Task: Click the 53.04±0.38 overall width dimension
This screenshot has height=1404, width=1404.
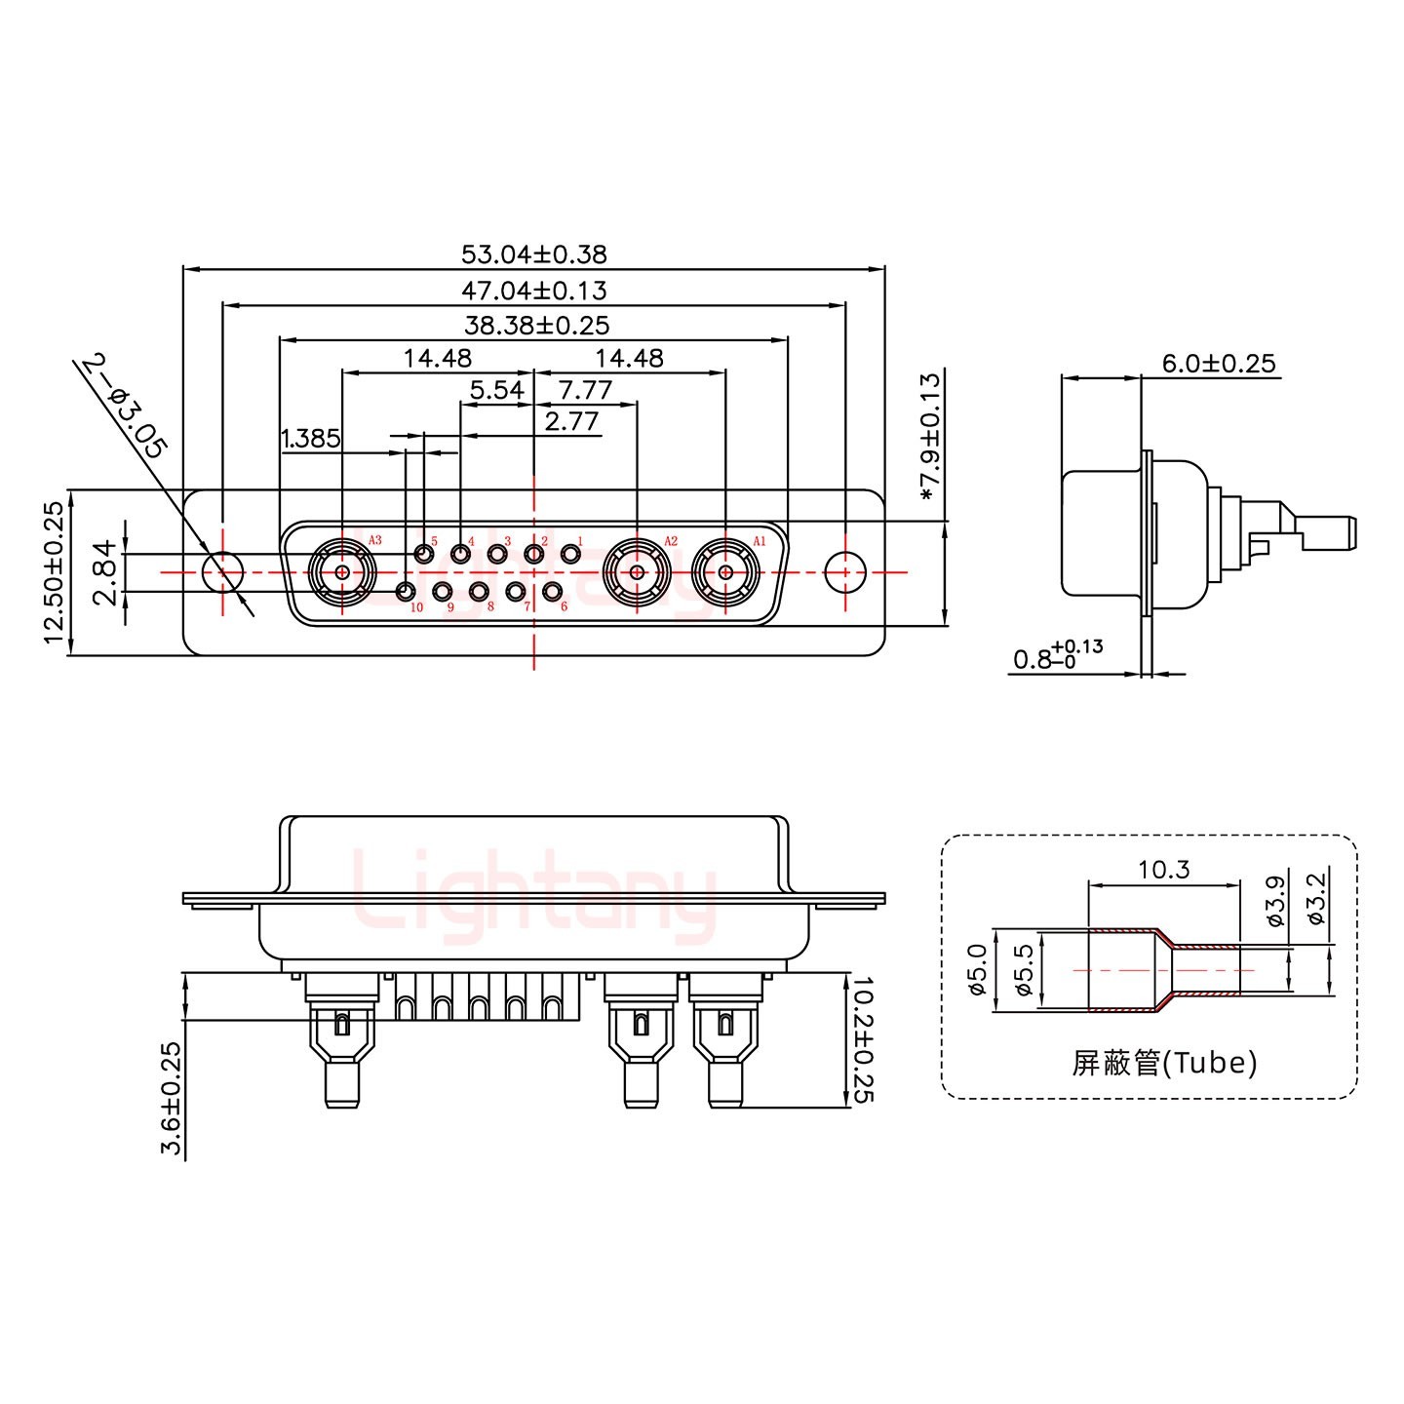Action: coord(533,254)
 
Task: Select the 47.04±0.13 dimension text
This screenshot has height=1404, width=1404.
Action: coord(533,291)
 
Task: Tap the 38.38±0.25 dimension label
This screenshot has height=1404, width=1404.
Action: coord(535,326)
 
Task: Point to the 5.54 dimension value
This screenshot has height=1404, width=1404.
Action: coord(496,391)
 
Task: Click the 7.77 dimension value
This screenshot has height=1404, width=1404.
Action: coord(585,391)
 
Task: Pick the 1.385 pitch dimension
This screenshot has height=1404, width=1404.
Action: coord(310,439)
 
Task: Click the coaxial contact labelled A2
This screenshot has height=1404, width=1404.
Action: coord(637,572)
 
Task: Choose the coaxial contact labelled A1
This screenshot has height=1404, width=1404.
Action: coord(725,572)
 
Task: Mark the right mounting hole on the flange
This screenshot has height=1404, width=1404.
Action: coord(844,572)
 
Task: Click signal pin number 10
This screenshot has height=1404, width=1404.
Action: coord(406,591)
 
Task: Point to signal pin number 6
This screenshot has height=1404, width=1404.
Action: coord(553,591)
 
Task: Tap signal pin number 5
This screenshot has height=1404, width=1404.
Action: coord(424,554)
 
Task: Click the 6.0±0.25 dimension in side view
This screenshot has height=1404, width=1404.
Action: coord(1218,364)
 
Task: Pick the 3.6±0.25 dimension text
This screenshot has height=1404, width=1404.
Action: coord(172,1099)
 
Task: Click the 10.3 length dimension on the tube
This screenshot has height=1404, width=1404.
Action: coord(1164,869)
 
